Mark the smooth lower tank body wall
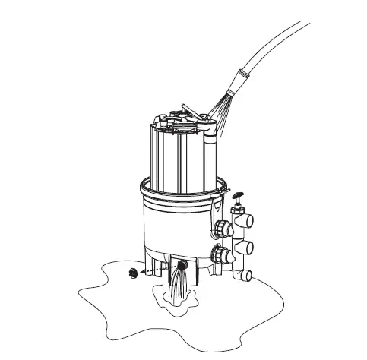click(171, 228)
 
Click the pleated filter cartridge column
click(163, 156)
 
